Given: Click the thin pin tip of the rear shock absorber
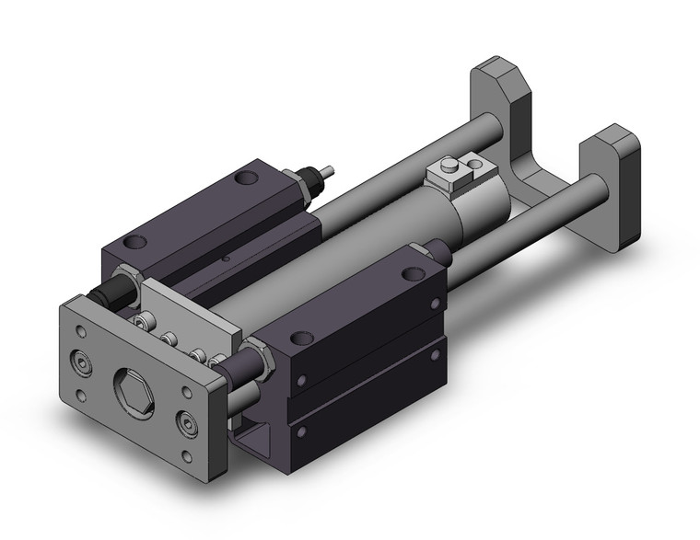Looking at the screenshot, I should pyautogui.click(x=327, y=171).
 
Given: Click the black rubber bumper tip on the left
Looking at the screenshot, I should pyautogui.click(x=104, y=297).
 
